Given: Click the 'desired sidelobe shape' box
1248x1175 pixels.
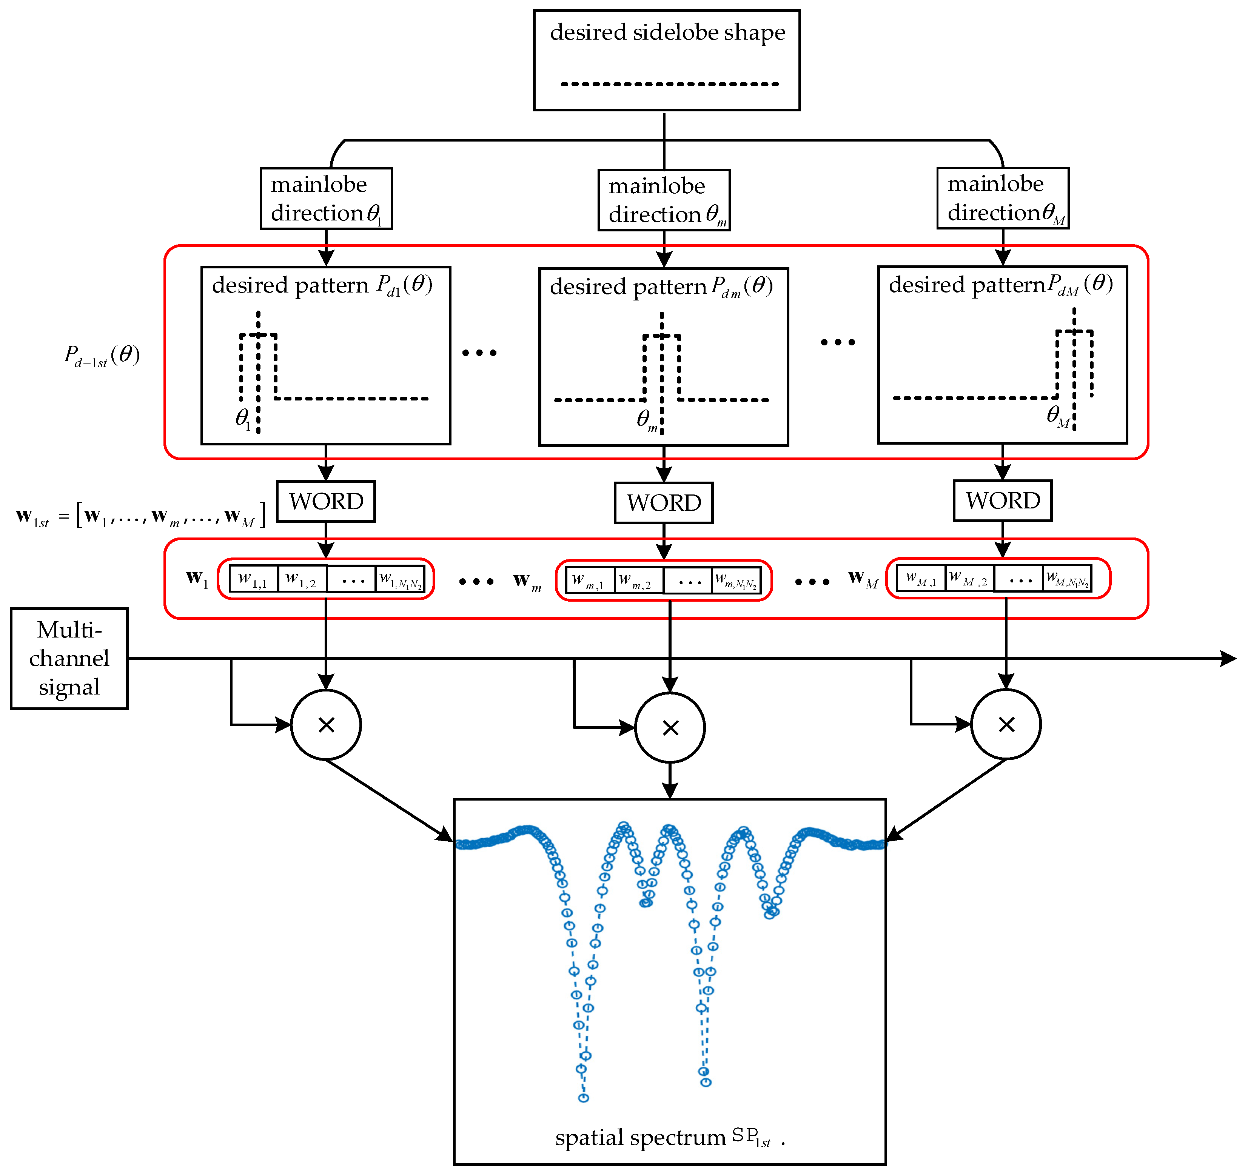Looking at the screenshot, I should point(667,60).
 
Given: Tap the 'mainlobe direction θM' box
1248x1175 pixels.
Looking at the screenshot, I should point(1003,198).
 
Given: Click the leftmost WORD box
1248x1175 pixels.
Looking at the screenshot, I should point(326,502).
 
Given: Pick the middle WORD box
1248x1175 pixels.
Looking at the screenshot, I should point(664,503).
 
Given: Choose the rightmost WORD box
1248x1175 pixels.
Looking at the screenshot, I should point(1003,501).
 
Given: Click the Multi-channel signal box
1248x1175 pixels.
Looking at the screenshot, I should point(69,658).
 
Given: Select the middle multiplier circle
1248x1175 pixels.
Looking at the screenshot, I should point(670,727).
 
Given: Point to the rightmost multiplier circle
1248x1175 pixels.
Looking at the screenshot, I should point(1006,724).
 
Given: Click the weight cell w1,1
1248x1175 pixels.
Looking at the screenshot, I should point(254,579).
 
